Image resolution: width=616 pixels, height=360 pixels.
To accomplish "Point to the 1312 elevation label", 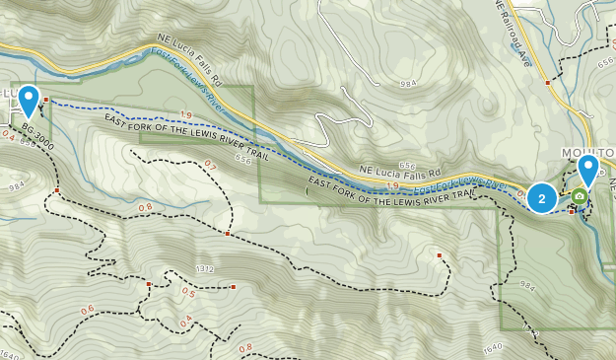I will pos(206,268).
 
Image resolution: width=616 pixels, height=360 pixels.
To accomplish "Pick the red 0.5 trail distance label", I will pos(188,292).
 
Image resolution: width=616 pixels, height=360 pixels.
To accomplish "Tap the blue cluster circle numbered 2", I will pos(541,198).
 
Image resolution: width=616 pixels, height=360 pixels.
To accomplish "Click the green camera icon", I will pos(579,196).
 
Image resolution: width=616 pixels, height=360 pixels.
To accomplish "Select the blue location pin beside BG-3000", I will pos(30,102).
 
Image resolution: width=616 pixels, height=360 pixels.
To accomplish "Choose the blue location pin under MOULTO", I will pos(588,170).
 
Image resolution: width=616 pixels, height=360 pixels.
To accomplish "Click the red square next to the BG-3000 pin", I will pos(46,100).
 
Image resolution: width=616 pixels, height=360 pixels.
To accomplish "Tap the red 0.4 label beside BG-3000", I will pos(9,137).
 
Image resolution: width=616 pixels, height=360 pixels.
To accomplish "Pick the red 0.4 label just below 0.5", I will pos(185,320).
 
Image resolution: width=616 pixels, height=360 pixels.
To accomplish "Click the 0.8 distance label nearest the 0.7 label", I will pos(146,207).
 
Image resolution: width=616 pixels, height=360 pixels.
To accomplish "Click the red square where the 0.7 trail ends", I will pos(228,235).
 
